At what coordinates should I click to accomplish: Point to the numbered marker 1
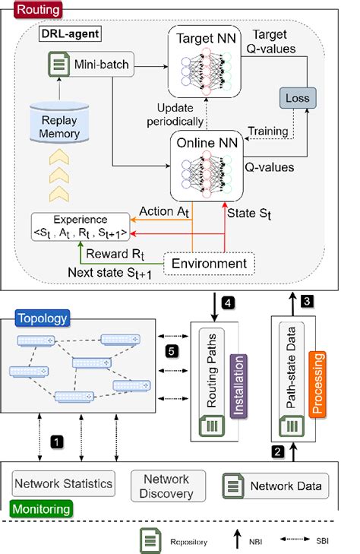(x=54, y=438)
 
